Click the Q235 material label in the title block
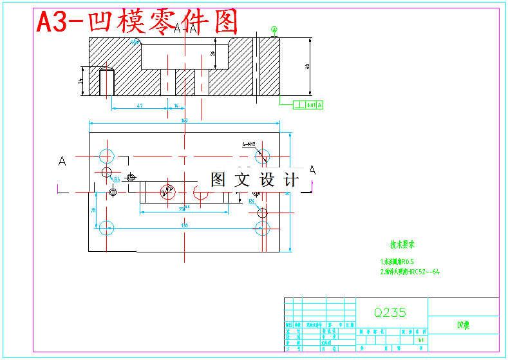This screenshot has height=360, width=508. [x=390, y=312]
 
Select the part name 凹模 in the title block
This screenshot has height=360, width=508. [x=463, y=326]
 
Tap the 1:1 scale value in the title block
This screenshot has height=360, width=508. [x=420, y=339]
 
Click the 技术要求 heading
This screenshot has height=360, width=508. [x=402, y=245]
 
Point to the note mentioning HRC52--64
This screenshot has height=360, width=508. [x=410, y=272]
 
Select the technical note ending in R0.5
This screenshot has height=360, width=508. [x=398, y=262]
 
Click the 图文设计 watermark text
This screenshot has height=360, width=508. [x=255, y=180]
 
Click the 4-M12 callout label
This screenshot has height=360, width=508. [x=249, y=145]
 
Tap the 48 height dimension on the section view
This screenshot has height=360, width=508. [x=308, y=66]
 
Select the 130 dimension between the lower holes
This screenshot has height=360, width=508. [x=184, y=225]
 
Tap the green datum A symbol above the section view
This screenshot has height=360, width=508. [x=275, y=29]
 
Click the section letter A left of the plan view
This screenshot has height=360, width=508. [x=62, y=161]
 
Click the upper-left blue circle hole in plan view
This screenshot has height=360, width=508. [x=106, y=156]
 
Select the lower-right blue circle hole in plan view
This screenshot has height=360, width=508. [x=262, y=228]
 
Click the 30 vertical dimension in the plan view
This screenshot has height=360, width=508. [x=93, y=210]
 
